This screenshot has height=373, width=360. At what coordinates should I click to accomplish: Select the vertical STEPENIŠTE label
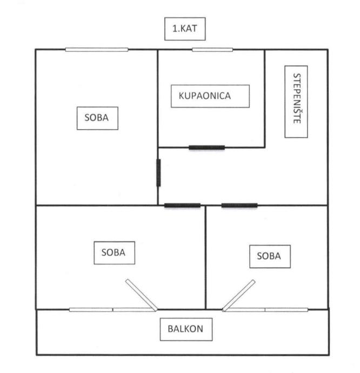coord(296,101)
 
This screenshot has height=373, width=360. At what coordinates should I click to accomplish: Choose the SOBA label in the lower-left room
coord(114,252)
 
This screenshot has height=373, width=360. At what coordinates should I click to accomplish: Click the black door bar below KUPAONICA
coord(207,147)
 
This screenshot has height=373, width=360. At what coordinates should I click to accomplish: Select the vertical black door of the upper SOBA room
coord(158,172)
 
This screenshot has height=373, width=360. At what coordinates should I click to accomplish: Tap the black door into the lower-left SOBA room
coord(182,205)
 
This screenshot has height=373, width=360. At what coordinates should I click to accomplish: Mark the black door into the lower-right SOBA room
coord(239,205)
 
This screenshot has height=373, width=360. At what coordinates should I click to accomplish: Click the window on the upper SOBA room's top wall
coord(97,50)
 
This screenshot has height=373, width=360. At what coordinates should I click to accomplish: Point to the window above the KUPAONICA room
coord(212,50)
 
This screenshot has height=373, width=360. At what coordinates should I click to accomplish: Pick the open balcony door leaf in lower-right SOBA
coord(239,295)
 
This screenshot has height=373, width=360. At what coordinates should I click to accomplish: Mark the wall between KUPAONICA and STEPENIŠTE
coord(264,97)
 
